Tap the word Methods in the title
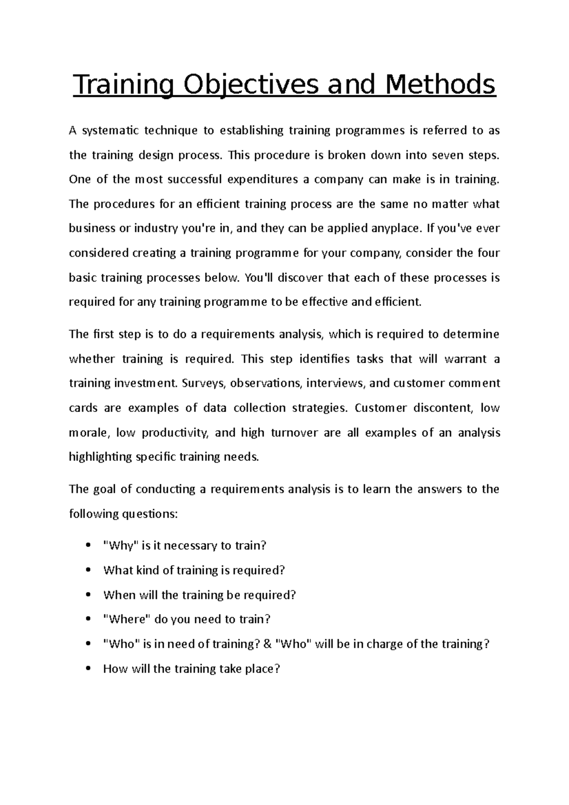[441, 85]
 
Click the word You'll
[258, 278]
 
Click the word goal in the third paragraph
[103, 489]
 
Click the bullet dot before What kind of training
[87, 570]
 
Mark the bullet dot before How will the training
[87, 669]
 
